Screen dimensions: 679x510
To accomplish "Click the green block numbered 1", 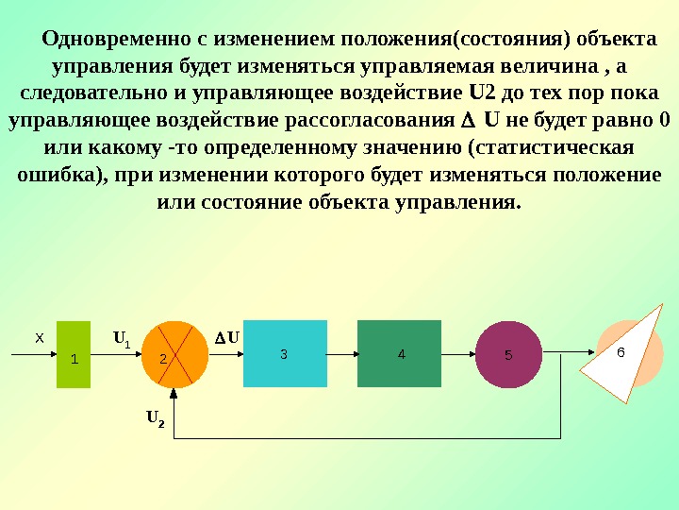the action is (x=74, y=354).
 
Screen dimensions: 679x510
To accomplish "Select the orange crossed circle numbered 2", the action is (x=174, y=354).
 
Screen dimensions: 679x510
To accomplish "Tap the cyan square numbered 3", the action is (x=285, y=354).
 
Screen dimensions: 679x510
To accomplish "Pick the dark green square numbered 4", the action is (x=399, y=354).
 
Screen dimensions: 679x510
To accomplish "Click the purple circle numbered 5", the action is (x=509, y=354).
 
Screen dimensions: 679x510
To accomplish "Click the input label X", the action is (x=39, y=337).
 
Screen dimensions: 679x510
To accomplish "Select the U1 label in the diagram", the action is (x=122, y=337).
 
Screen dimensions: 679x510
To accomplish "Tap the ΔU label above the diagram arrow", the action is (x=225, y=336).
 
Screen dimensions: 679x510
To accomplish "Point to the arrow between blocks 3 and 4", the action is (x=341, y=354).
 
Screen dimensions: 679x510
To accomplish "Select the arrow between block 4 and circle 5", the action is (x=458, y=354).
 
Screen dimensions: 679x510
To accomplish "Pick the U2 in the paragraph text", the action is (x=481, y=94).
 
